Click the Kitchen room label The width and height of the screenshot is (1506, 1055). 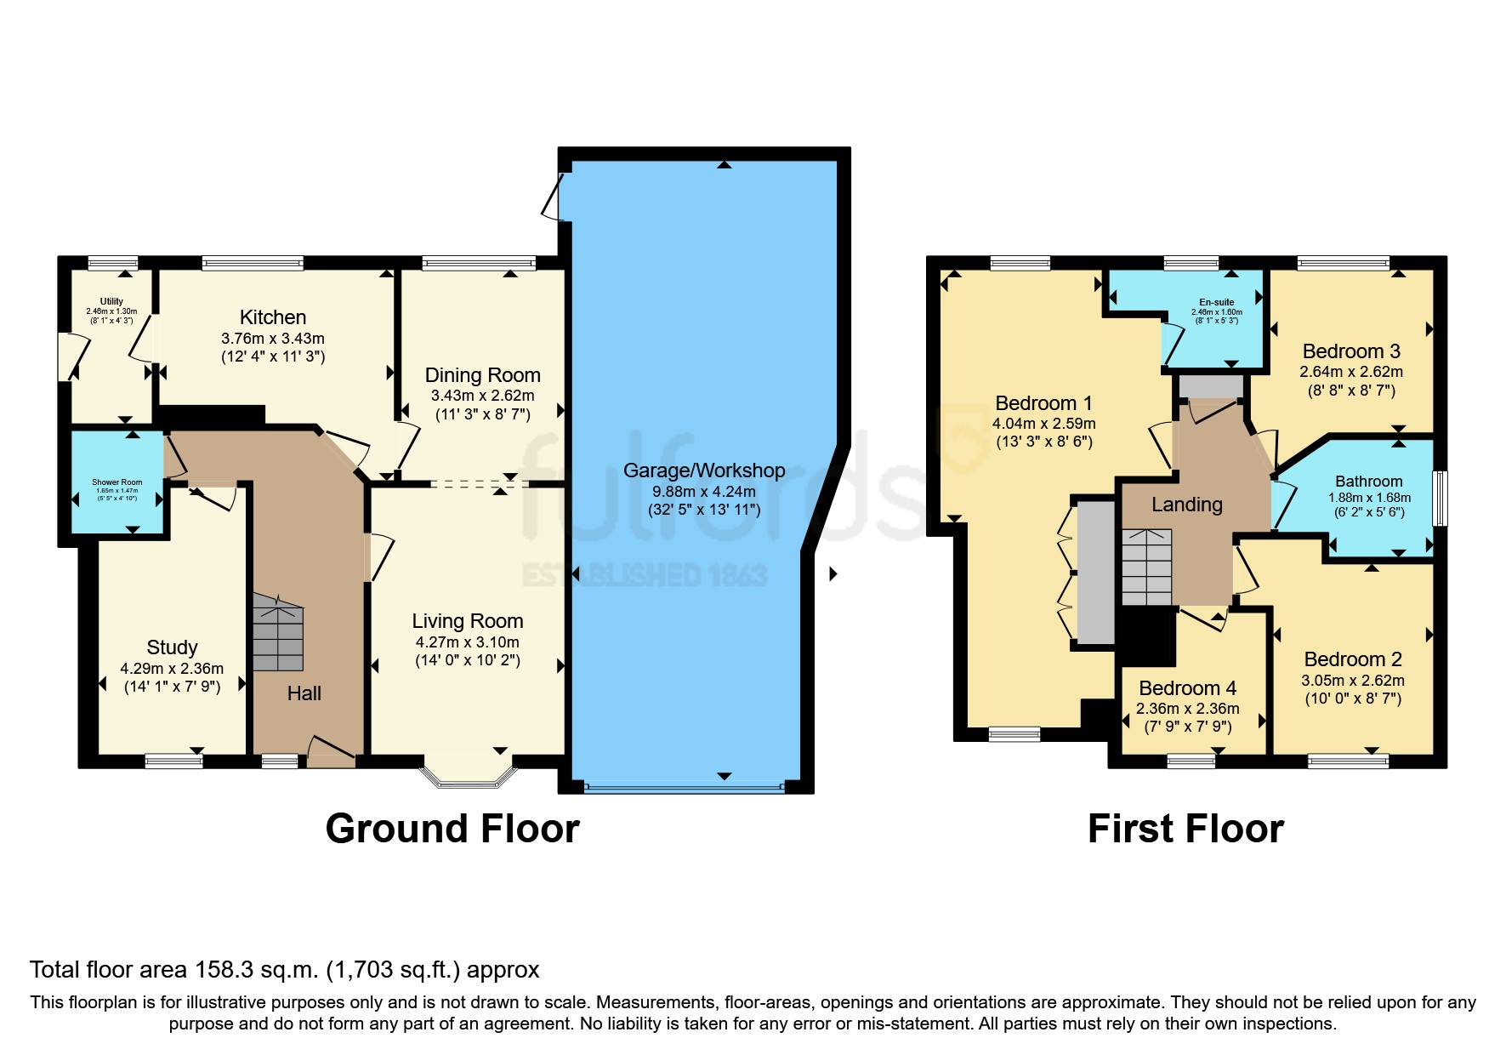pos(273,317)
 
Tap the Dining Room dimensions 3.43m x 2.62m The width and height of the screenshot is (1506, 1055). pos(482,396)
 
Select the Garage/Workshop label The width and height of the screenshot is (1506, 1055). pos(703,470)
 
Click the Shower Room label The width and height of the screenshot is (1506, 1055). pos(117,482)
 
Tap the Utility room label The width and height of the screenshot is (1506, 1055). pos(111,301)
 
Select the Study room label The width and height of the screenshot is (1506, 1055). pos(172,647)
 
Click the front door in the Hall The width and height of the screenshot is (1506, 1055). pos(331,753)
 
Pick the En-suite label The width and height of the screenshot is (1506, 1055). pos(1216,302)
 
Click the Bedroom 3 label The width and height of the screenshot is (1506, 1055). pos(1350,351)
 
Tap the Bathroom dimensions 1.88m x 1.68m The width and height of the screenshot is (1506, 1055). pos(1369,498)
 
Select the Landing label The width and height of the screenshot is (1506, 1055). pos(1186,505)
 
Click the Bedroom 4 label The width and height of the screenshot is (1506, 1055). pos(1187,688)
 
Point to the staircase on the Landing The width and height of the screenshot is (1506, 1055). pos(1146,567)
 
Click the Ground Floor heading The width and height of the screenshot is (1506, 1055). pos(452,829)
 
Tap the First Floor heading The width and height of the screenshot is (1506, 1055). pos(1185,829)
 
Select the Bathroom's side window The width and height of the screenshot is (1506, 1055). pos(1440,498)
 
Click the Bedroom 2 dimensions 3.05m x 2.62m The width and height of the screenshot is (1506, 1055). pos(1352,681)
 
